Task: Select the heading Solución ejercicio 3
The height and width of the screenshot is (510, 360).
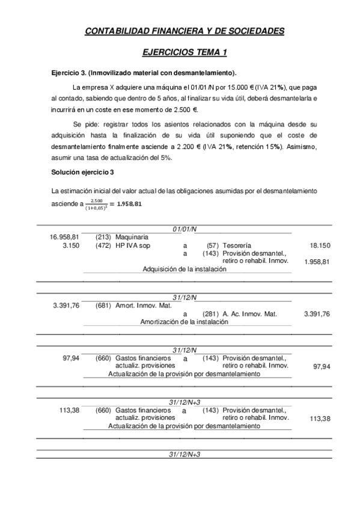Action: [x=82, y=173]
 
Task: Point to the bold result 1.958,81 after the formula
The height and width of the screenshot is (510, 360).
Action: [x=130, y=203]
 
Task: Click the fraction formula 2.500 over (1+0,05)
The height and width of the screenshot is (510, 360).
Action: [x=97, y=204]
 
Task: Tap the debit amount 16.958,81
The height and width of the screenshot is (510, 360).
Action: [x=64, y=237]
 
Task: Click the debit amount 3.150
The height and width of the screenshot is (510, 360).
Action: [x=71, y=245]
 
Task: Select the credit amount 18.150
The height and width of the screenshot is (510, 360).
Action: [x=319, y=245]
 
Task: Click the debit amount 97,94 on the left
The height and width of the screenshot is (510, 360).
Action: [x=71, y=358]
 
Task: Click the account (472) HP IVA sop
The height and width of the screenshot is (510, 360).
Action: [x=120, y=245]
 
